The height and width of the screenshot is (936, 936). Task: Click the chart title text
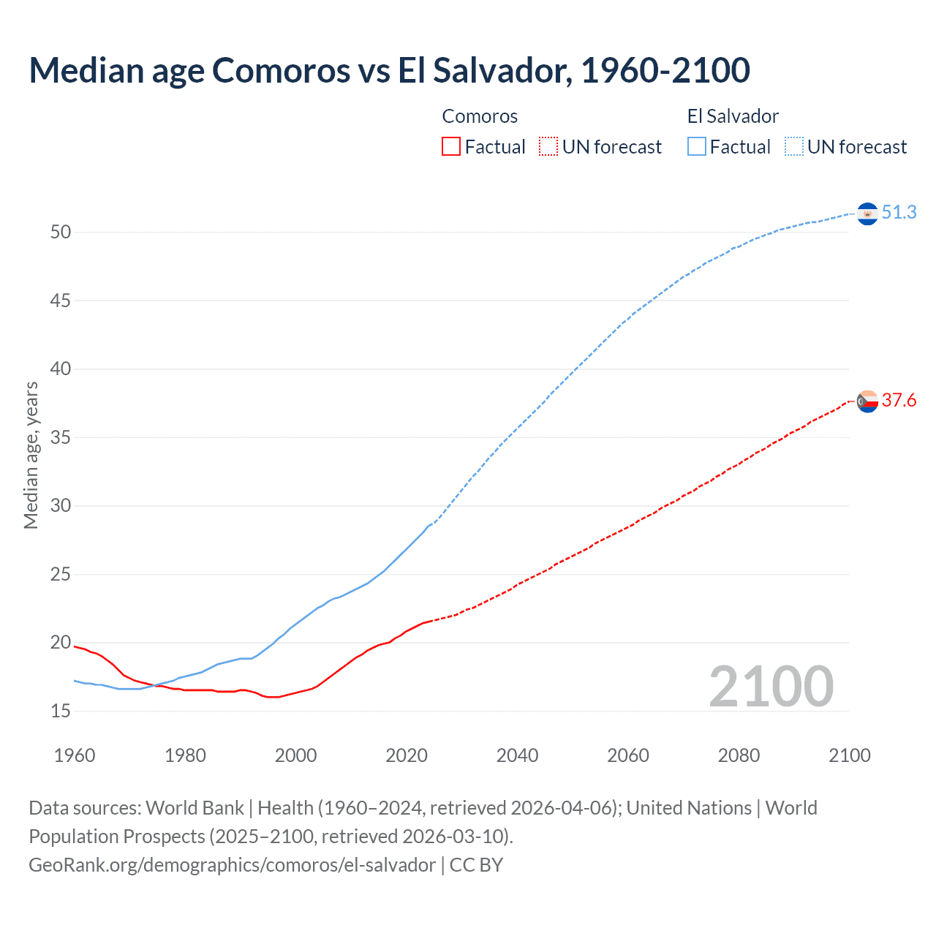(x=389, y=70)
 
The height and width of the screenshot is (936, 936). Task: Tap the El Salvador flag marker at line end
(x=867, y=214)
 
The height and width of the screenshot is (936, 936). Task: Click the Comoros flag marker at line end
(x=867, y=401)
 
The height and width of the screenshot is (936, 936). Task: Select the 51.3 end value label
(x=899, y=212)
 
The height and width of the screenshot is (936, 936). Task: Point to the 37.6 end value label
(x=899, y=400)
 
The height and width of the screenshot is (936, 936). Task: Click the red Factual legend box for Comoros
(x=451, y=147)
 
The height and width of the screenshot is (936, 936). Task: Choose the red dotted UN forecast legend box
(x=548, y=147)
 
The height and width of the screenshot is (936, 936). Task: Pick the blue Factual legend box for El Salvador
(x=697, y=147)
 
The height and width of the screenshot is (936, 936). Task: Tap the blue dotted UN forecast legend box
(x=794, y=147)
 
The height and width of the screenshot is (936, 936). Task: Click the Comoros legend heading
(x=480, y=116)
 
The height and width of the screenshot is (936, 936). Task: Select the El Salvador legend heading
(x=733, y=116)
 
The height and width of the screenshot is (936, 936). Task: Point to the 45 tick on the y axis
(x=61, y=301)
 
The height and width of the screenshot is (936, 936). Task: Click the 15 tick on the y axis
(x=61, y=711)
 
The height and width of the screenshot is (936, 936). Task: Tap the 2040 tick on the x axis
(x=517, y=755)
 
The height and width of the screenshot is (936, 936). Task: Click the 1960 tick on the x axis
(x=75, y=755)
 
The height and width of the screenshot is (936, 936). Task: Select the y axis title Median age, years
(x=31, y=455)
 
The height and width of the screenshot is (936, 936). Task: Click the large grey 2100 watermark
(x=771, y=686)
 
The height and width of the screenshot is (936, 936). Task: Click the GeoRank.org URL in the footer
(x=232, y=865)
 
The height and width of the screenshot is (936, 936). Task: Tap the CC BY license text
(x=476, y=865)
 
